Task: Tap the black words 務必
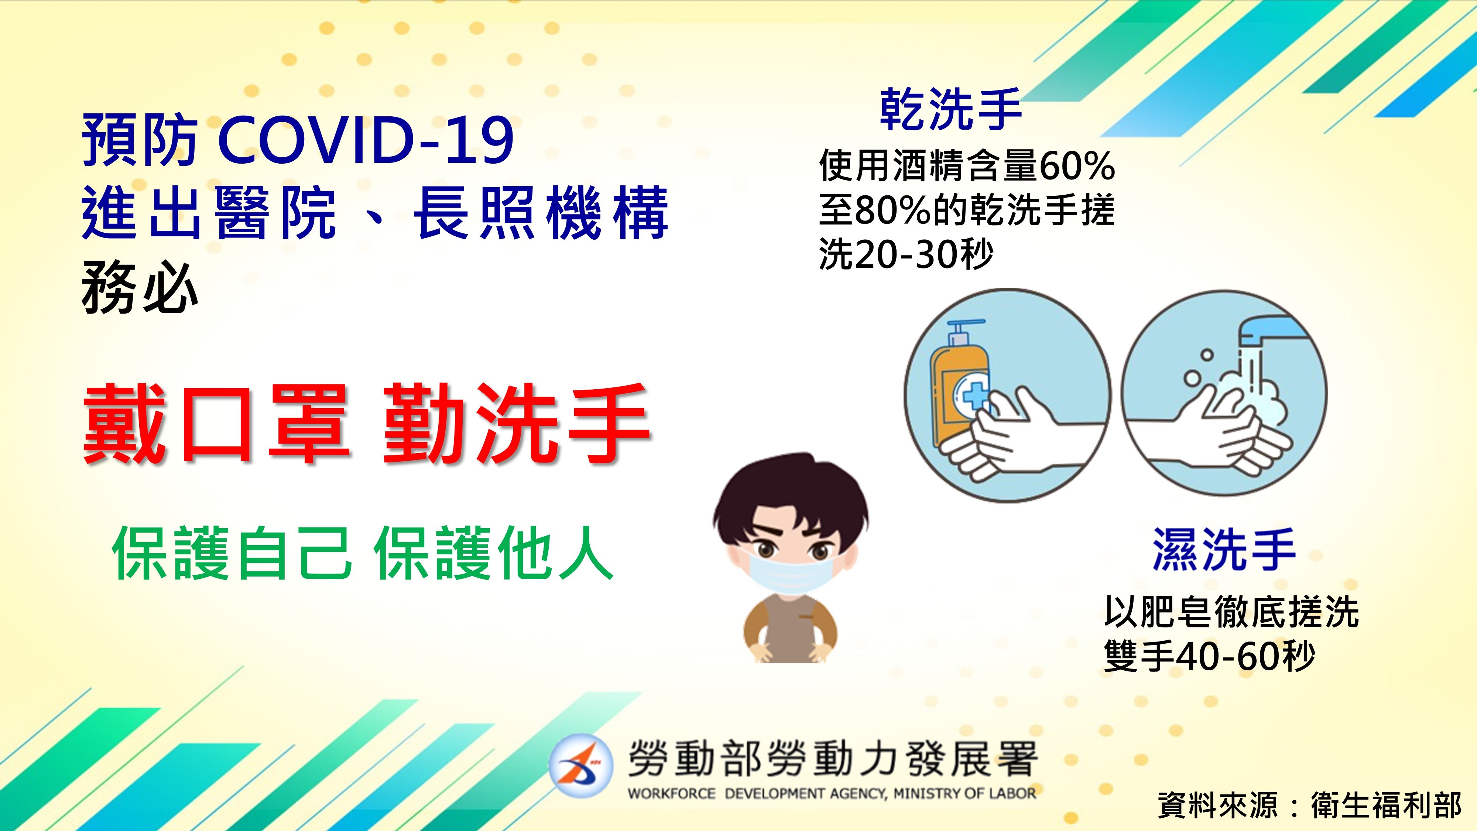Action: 140,288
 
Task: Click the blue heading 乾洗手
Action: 951,109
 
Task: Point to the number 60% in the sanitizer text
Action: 1076,166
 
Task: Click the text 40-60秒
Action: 1244,656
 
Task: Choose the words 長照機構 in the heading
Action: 541,213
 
